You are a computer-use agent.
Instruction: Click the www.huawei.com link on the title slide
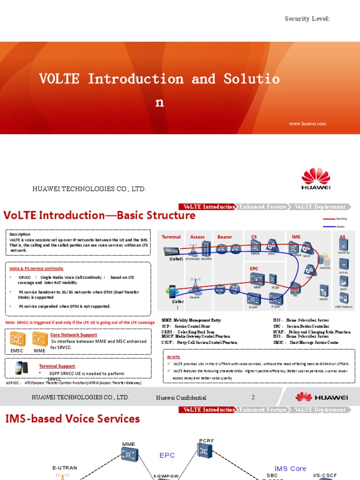point(307,124)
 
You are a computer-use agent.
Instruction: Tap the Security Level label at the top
point(307,19)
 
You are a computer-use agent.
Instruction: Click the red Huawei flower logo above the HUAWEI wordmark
point(315,176)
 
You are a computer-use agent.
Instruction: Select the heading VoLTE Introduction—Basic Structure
point(99,216)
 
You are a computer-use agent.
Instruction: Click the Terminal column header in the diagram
point(171,237)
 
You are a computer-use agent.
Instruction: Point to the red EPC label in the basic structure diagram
point(255,269)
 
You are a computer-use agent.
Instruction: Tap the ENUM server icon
point(323,290)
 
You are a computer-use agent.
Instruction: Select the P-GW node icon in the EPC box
point(276,298)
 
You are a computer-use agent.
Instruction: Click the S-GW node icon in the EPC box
point(254,298)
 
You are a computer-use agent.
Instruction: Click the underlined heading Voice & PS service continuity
point(37,269)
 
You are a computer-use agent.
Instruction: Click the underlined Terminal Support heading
point(57,366)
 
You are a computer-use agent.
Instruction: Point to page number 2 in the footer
point(253,397)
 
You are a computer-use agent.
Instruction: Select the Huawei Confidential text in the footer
point(181,398)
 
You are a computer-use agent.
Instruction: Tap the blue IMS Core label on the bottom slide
point(290,468)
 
